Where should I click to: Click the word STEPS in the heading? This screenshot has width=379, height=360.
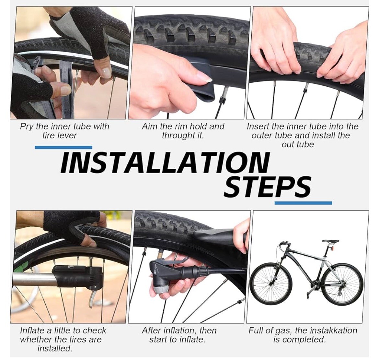click(x=267, y=187)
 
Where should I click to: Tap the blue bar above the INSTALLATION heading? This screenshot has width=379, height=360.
click(x=63, y=148)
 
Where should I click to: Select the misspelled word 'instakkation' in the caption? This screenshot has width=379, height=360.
click(x=333, y=330)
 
